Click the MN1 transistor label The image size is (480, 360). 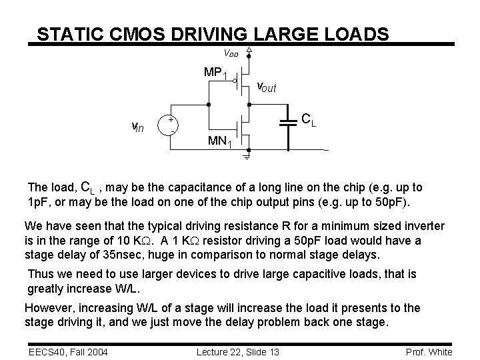[220, 141]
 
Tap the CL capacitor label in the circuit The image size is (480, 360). [308, 120]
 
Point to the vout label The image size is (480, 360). [267, 87]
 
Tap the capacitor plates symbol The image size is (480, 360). [289, 122]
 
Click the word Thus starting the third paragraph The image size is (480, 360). [41, 273]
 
